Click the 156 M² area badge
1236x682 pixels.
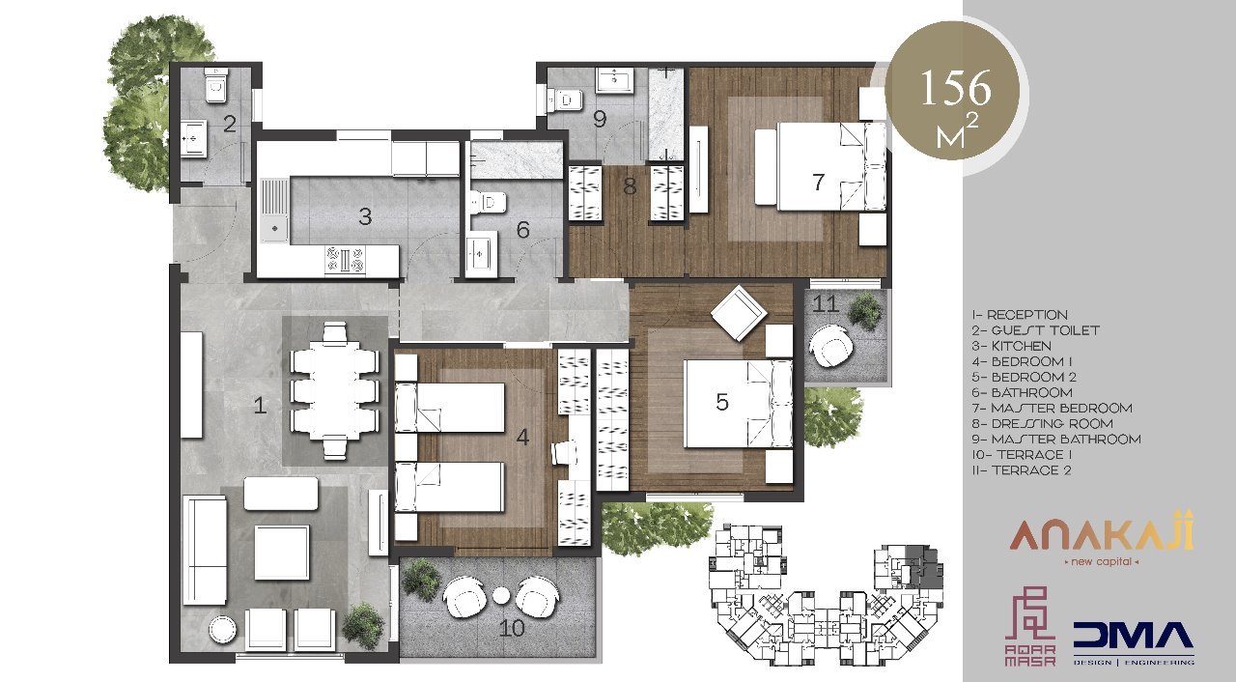(x=956, y=97)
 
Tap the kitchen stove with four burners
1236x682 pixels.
(x=346, y=259)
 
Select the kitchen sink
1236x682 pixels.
(x=273, y=211)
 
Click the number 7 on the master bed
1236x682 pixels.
(x=818, y=181)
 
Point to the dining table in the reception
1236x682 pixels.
(x=335, y=390)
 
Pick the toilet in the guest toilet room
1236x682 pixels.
(x=216, y=87)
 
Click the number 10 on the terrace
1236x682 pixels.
(x=511, y=628)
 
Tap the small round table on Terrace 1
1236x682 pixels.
(x=501, y=596)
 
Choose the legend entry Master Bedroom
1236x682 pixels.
(x=1053, y=409)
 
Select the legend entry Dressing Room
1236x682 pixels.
(x=1042, y=424)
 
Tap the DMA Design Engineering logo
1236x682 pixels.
(x=1134, y=643)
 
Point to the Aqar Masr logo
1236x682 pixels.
(x=1030, y=626)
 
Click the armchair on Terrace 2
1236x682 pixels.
(x=830, y=346)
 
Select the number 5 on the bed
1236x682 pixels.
(x=721, y=402)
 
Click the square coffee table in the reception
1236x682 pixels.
(x=281, y=553)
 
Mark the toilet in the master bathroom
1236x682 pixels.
(x=565, y=100)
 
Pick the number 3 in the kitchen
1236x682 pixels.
(x=365, y=216)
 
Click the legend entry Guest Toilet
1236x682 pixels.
(x=1036, y=330)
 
